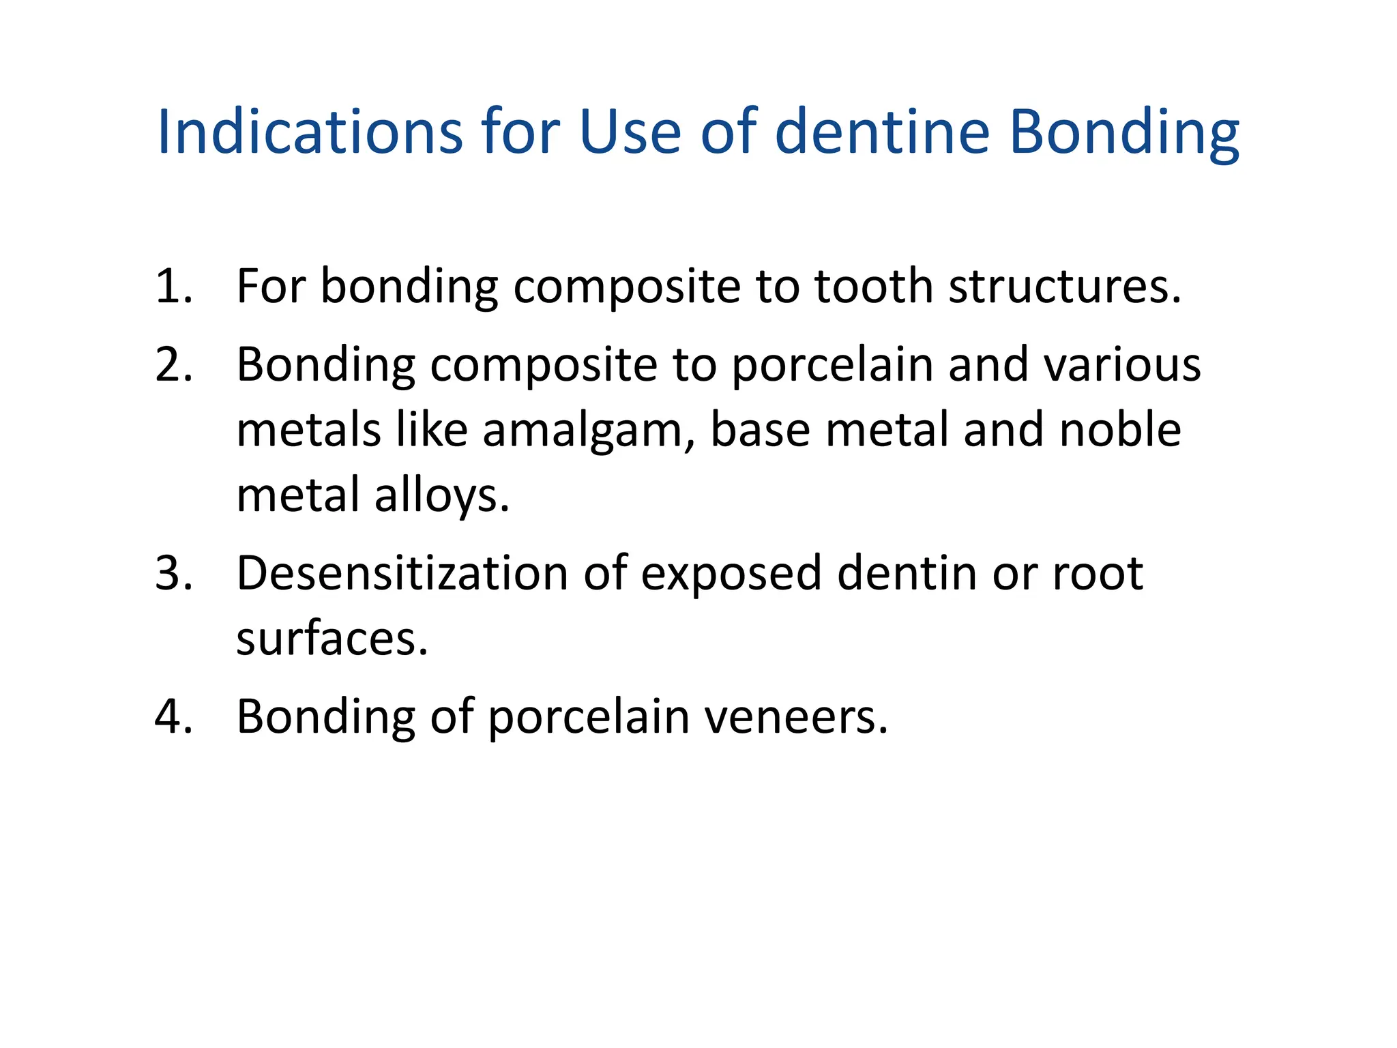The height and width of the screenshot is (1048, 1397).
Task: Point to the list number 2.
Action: click(173, 364)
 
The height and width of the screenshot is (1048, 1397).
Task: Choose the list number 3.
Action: click(173, 573)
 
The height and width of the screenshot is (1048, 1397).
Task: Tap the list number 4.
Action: click(173, 717)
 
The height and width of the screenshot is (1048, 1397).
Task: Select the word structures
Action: click(1064, 286)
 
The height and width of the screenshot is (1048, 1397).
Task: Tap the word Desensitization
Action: click(402, 573)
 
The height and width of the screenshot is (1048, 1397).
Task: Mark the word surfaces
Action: click(332, 639)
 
